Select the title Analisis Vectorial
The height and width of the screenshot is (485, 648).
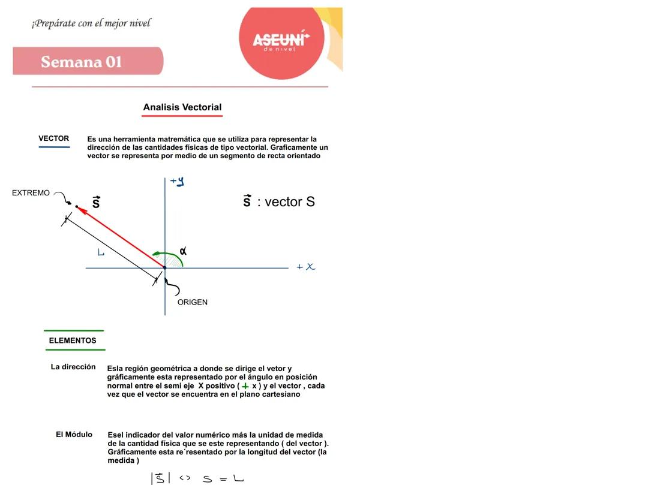point(182,107)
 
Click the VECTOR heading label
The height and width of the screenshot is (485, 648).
point(54,138)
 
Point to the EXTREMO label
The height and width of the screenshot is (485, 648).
point(31,193)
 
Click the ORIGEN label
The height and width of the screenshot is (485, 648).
point(193,302)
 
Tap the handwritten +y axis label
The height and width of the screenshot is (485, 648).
point(177,180)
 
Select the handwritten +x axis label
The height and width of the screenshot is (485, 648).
point(306,267)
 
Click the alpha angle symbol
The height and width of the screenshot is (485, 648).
point(183,251)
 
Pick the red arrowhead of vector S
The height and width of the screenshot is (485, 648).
point(81,209)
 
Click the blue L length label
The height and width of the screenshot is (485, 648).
point(101,252)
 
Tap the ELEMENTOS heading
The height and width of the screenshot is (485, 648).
point(73,341)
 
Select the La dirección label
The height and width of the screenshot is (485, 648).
point(73,367)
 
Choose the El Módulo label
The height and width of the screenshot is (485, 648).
point(74,435)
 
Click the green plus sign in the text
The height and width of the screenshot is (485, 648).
point(245,387)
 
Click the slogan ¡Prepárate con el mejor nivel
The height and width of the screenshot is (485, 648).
point(91,23)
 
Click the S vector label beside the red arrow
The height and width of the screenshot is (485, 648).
point(96,202)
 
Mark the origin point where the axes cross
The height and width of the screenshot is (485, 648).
point(165,267)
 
